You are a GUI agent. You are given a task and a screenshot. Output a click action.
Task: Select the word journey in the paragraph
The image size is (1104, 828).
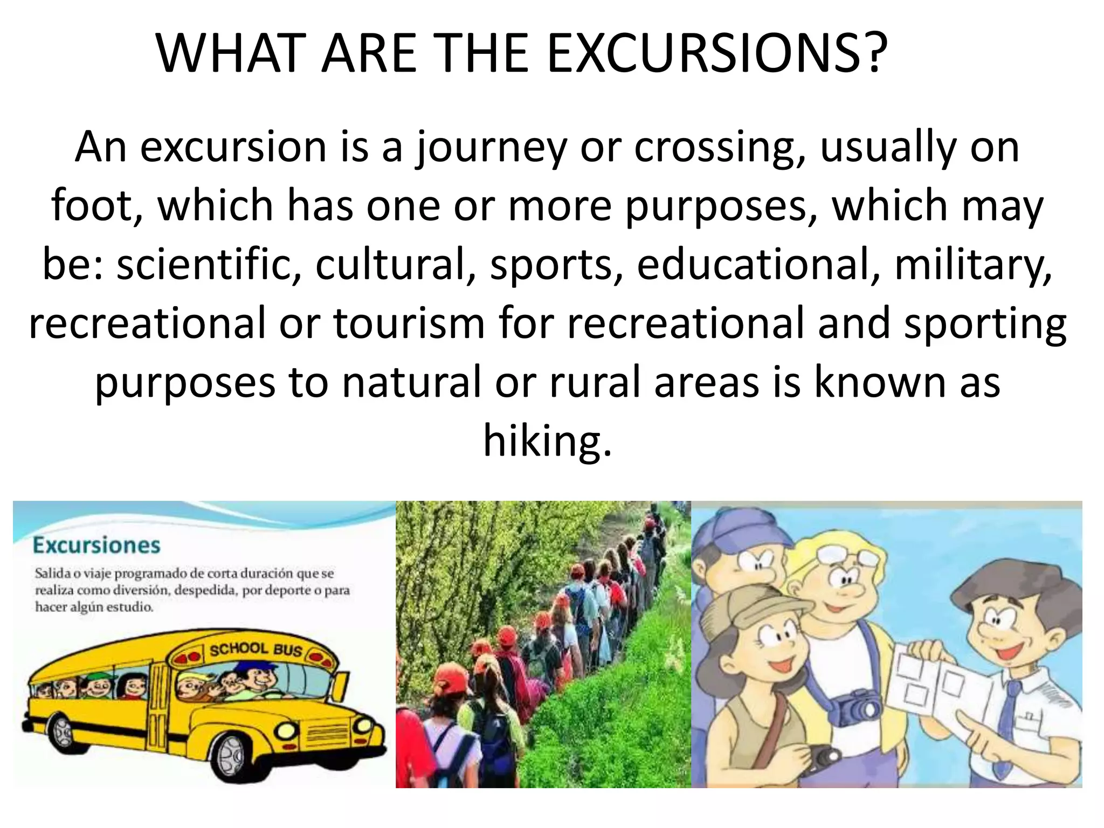point(491,148)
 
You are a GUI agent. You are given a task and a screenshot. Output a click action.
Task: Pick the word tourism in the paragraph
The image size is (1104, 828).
point(409,323)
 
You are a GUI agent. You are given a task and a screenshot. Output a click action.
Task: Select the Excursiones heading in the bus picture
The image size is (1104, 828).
point(96,545)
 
